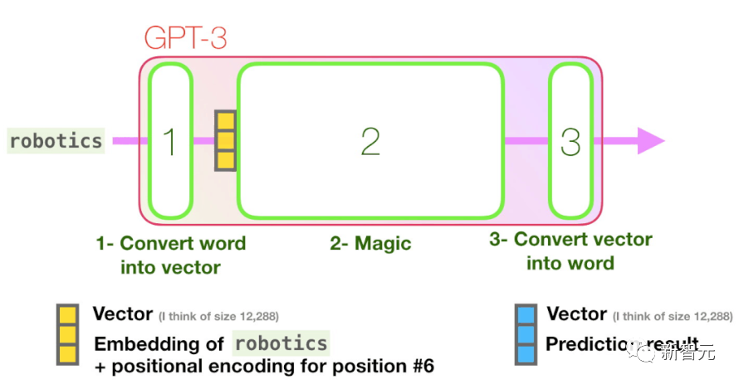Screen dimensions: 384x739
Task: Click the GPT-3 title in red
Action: tap(185, 38)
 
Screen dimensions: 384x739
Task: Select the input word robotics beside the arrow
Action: tap(56, 140)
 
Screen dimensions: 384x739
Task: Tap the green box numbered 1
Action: tap(171, 142)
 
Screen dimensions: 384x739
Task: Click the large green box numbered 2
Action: tap(370, 142)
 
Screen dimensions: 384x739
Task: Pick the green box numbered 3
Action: tap(570, 142)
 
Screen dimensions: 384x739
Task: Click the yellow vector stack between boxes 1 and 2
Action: tap(225, 140)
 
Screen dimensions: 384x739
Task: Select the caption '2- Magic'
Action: tap(370, 244)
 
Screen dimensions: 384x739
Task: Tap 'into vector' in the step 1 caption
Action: tap(170, 267)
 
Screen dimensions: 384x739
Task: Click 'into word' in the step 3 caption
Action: tap(570, 264)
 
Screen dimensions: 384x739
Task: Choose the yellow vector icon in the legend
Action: tap(66, 335)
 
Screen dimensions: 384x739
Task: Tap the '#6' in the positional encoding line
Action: tap(419, 366)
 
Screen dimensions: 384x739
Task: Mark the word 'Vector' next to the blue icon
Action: tap(576, 314)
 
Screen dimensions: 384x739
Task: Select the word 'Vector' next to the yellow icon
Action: tap(122, 314)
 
